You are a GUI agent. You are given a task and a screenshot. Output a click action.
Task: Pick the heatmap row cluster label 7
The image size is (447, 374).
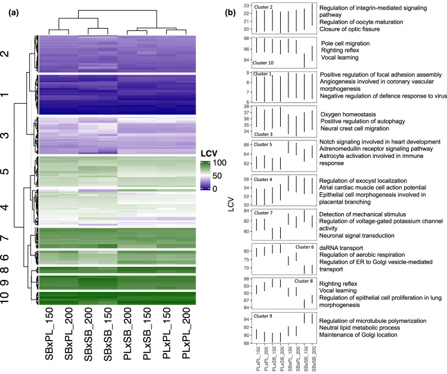[x=20, y=239]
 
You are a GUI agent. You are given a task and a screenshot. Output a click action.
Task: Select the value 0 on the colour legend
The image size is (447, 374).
[x=219, y=188]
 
